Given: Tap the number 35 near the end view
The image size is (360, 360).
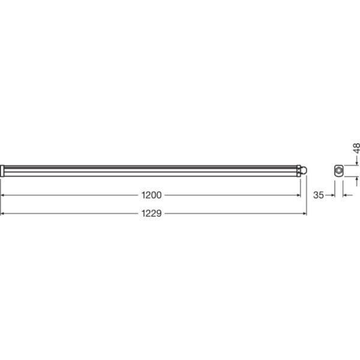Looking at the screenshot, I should point(319,195).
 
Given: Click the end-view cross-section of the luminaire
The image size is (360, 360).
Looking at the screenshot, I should point(338,171).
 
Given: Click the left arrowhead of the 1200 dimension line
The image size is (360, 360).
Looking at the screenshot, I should point(2,195).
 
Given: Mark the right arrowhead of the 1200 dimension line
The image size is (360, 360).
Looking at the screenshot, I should point(298,195).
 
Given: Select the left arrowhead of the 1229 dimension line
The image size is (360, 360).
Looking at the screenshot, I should point(2,213).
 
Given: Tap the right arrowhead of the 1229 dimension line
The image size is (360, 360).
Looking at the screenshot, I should point(305,213).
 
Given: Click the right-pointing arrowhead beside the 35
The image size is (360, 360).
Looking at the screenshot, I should point(331,195).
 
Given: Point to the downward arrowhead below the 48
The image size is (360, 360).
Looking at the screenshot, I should point(356,161).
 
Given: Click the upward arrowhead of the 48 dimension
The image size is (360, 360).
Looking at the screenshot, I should point(356,181).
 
